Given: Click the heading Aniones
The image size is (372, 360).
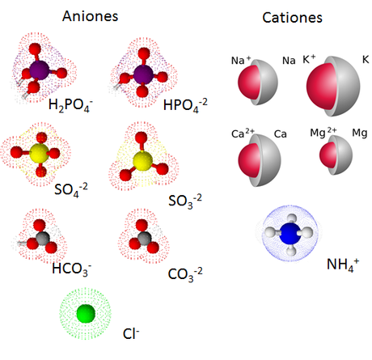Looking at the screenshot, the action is click(90, 16).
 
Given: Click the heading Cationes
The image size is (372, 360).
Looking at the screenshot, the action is click(292, 18).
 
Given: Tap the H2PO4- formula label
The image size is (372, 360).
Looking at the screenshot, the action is click(70, 105).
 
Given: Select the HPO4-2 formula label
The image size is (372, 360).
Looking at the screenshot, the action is click(185, 105).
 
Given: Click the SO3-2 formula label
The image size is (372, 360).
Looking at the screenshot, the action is click(185, 201).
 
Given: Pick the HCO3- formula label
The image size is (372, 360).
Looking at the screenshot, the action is click(72, 269).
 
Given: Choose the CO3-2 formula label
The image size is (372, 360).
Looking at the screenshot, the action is click(185, 274).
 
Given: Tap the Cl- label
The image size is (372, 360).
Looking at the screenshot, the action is click(131, 334).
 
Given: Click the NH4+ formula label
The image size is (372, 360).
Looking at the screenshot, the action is click(343, 265).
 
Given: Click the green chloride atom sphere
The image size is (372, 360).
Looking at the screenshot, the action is click(86, 314).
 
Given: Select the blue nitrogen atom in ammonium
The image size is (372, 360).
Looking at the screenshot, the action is click(290, 233).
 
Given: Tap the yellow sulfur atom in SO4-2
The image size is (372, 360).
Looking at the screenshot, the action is click(40, 153).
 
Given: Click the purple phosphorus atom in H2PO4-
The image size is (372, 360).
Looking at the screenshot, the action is click(40, 70).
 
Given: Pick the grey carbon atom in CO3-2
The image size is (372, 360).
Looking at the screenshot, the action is click(144, 238).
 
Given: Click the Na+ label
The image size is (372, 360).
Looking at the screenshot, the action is click(241, 60).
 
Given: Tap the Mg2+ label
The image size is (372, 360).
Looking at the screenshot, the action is click(323, 132).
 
